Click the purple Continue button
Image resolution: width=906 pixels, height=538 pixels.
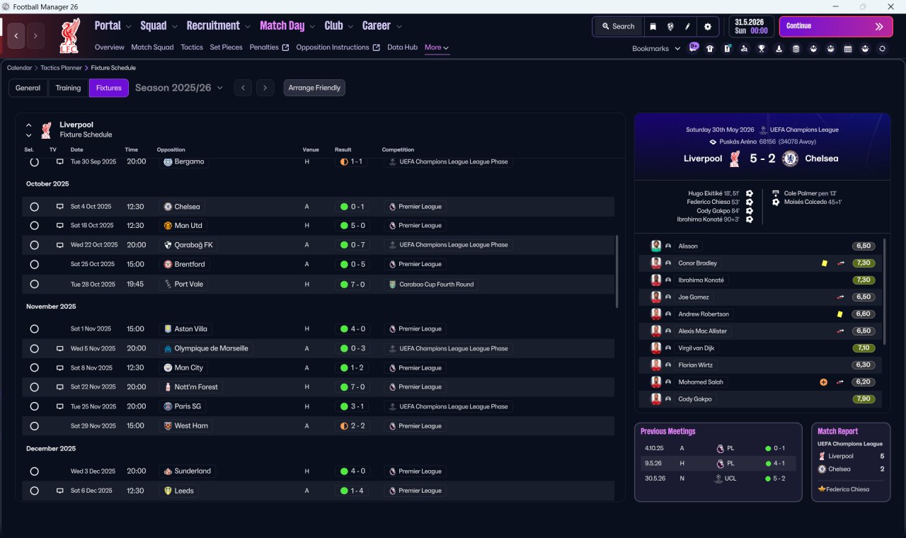click(x=836, y=26)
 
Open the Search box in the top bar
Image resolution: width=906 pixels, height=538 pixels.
click(x=619, y=26)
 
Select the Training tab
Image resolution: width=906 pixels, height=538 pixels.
click(x=68, y=88)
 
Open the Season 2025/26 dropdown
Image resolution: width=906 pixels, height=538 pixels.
click(x=179, y=88)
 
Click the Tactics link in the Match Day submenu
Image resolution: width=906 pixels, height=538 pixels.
click(x=192, y=47)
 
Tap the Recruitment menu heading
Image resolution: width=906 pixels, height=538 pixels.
click(x=213, y=26)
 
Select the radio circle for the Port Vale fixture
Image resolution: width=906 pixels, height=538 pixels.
click(x=35, y=285)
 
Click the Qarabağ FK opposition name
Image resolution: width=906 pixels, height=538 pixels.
click(x=193, y=245)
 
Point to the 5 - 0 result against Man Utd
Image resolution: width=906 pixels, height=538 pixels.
click(x=357, y=225)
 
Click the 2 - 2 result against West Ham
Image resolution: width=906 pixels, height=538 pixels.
click(x=357, y=426)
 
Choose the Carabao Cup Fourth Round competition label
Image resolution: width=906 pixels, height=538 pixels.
click(x=437, y=285)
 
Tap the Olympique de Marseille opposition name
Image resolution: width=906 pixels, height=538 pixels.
click(x=211, y=348)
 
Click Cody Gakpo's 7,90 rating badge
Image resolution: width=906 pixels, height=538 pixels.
click(x=864, y=399)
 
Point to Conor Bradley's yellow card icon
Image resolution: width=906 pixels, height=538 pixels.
click(x=825, y=263)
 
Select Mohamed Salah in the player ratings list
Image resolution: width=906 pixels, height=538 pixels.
click(x=701, y=382)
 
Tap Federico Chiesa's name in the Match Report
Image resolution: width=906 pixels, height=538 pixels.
click(x=847, y=489)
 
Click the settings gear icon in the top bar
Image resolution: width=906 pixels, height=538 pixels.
click(x=707, y=27)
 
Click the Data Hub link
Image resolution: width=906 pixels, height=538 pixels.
click(x=402, y=47)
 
